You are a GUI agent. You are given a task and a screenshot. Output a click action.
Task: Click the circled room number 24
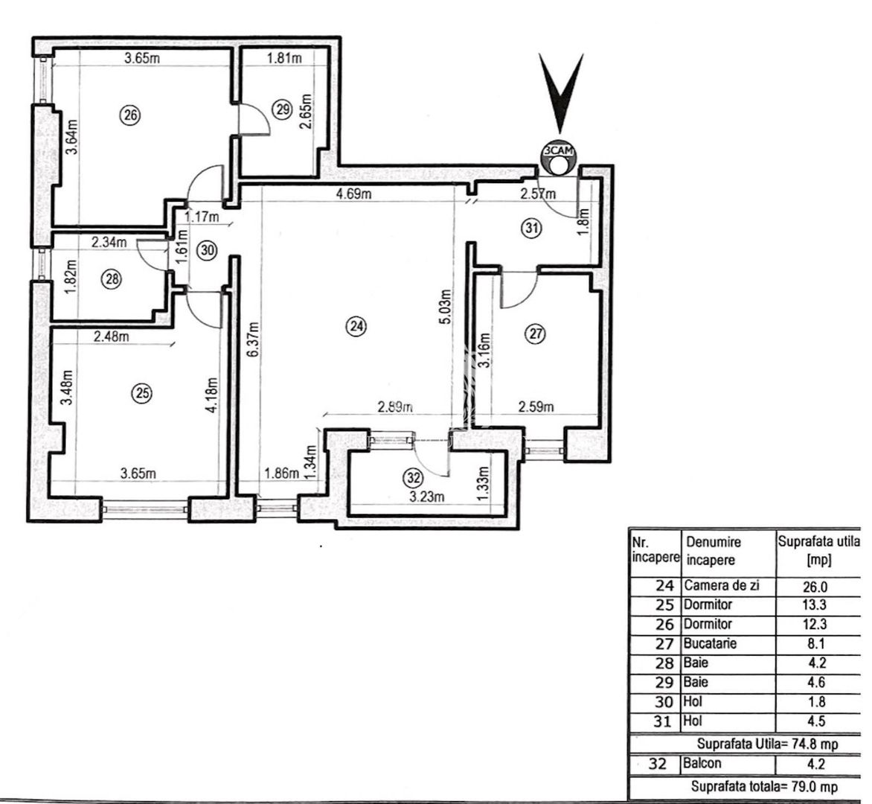pyautogui.click(x=358, y=325)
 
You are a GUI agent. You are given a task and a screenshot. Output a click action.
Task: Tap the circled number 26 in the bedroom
pyautogui.click(x=129, y=115)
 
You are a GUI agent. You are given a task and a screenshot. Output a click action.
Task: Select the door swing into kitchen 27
pyautogui.click(x=519, y=290)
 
